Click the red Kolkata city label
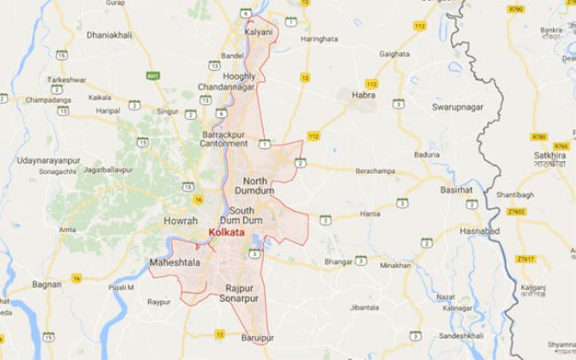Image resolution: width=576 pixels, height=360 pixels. pos(225,231)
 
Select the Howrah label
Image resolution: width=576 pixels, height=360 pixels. pos(181,220)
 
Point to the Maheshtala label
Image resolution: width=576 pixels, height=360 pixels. pos(175,263)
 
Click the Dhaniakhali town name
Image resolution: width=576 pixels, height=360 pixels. pos(108,35)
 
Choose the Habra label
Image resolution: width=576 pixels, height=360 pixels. pos(363,95)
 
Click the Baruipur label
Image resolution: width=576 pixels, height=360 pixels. pos(257,339)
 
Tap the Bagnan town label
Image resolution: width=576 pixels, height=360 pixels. pos(46,285)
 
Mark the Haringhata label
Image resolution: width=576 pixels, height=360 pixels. pos(320,39)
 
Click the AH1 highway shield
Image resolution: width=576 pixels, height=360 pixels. pos(152,76)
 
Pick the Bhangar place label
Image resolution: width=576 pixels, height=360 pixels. pos(339,262)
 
